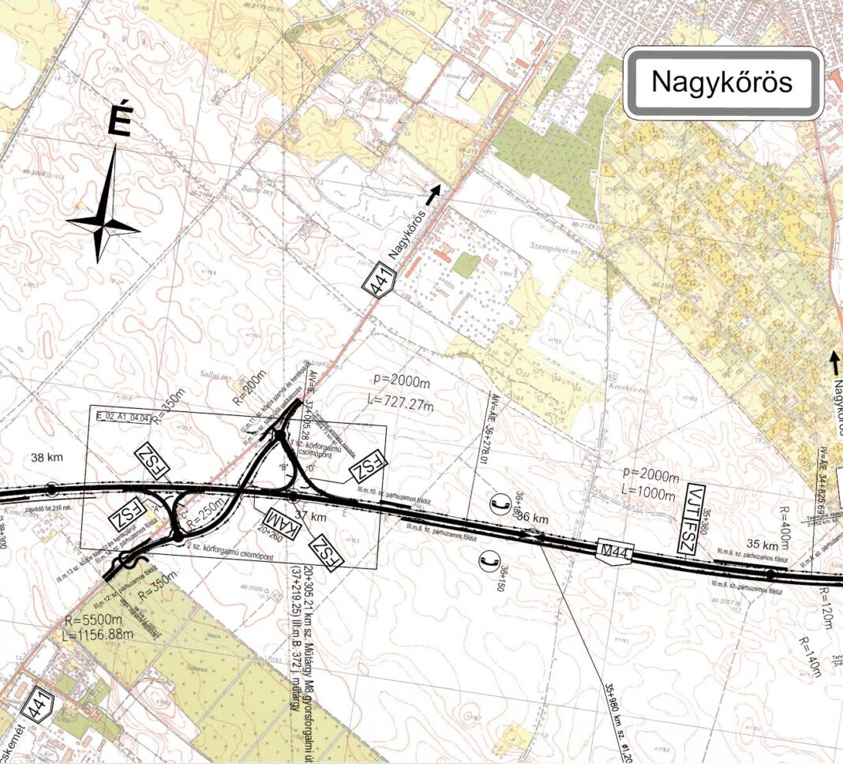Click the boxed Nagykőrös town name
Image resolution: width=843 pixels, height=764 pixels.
[722, 83]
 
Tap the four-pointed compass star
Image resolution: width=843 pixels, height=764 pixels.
[103, 226]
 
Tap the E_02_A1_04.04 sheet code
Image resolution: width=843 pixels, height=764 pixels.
[122, 416]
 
